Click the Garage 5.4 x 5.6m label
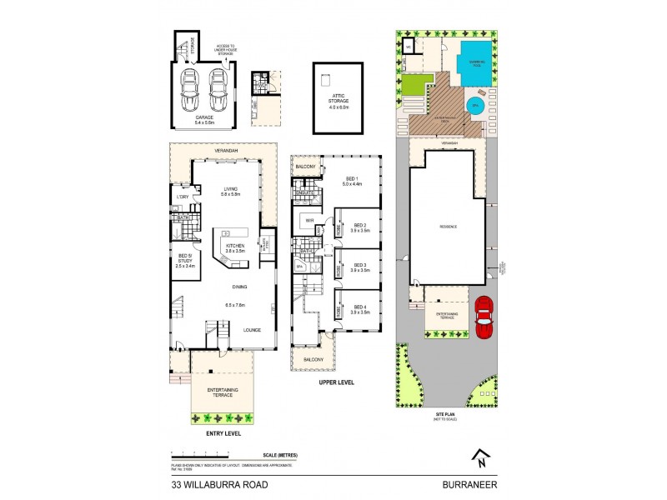[204, 119]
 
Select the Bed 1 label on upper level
[353, 182]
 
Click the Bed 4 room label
[360, 308]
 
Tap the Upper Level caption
[337, 382]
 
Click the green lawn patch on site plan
[416, 84]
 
